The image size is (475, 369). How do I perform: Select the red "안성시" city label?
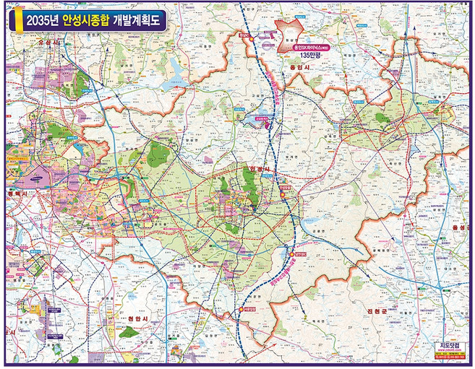258,169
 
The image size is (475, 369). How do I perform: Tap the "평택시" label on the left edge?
16,194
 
